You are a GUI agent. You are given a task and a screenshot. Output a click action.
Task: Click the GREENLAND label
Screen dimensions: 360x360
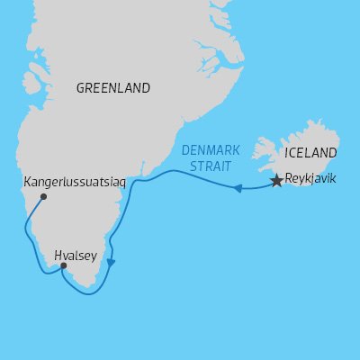point(113,88)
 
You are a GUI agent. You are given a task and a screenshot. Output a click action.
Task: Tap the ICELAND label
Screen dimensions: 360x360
point(310,152)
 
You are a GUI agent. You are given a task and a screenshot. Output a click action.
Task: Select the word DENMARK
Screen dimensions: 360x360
point(212,150)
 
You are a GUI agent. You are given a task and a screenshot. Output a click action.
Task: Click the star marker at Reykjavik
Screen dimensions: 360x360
point(276,181)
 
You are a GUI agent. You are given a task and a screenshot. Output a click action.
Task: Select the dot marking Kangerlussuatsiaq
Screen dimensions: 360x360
point(43,197)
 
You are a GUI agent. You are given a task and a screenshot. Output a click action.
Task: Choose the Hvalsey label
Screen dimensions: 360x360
point(75,255)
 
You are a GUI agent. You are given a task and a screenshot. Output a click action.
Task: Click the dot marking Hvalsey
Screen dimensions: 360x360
point(63,265)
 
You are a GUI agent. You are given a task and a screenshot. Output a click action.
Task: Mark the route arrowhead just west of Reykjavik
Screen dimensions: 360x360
point(238,189)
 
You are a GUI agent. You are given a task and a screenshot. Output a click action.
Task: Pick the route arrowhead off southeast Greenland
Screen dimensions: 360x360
point(111,263)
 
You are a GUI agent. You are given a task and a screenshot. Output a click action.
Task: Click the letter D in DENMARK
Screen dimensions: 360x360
point(185,150)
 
